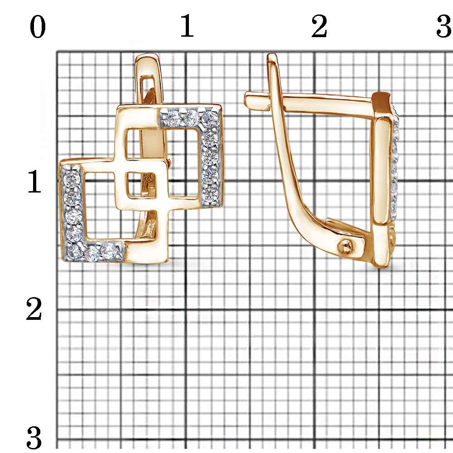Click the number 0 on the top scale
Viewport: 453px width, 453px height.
click(x=38, y=27)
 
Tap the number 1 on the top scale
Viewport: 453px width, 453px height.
click(x=187, y=26)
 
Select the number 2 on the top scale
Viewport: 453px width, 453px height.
click(x=319, y=26)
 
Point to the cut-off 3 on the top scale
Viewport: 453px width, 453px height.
click(x=445, y=26)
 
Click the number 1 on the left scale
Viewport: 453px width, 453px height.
click(x=34, y=182)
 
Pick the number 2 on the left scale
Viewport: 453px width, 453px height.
click(x=34, y=309)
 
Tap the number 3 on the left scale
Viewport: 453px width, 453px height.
click(x=34, y=438)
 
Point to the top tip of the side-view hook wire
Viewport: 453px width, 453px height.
click(x=271, y=55)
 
